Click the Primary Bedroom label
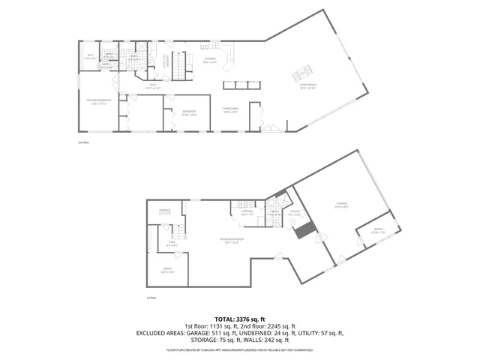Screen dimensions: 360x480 coord(100,103)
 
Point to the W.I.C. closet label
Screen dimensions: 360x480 coord(90,55)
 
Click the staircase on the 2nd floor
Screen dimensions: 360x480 coord(180,64)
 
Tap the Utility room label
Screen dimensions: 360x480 coord(294,213)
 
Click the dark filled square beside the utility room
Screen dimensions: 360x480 coord(303,232)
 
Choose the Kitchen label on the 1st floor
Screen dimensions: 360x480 coord(247,213)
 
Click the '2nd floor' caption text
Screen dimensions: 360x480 coord(83,142)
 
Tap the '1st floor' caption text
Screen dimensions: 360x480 coord(151,298)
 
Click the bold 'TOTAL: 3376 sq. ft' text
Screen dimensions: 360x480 coord(239,319)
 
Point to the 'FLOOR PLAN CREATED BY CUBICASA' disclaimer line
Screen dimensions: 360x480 coord(239,349)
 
